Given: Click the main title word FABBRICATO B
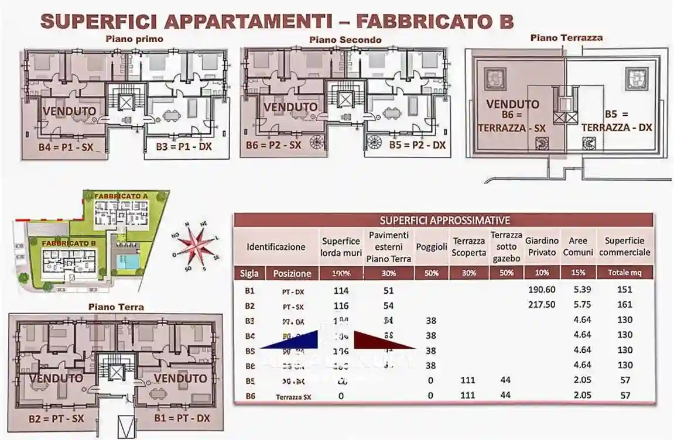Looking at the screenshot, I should pos(434,21).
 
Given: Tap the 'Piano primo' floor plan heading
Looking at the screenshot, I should pos(134,39).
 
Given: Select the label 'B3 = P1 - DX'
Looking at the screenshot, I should pos(184,146).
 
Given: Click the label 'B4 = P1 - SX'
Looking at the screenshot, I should pos(65,147).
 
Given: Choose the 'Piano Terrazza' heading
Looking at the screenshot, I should pos(566,37).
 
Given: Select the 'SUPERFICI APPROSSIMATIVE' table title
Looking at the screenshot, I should pos(444,221).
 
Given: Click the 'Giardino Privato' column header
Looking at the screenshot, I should pos(541,246).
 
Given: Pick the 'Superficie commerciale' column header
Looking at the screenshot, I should pos(625,246).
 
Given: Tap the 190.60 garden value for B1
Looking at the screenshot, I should pos(541,290).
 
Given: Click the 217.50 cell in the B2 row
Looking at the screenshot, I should pos(541,305).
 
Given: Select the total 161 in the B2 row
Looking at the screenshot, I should pos(625,305).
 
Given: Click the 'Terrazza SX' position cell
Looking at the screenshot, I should pos(293,396).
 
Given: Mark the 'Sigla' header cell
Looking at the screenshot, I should pos(249,273).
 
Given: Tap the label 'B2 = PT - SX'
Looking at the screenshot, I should pos(56,419).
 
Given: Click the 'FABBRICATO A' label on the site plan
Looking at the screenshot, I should pos(121,196).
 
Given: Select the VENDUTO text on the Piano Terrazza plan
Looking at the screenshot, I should pos(513,105).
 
